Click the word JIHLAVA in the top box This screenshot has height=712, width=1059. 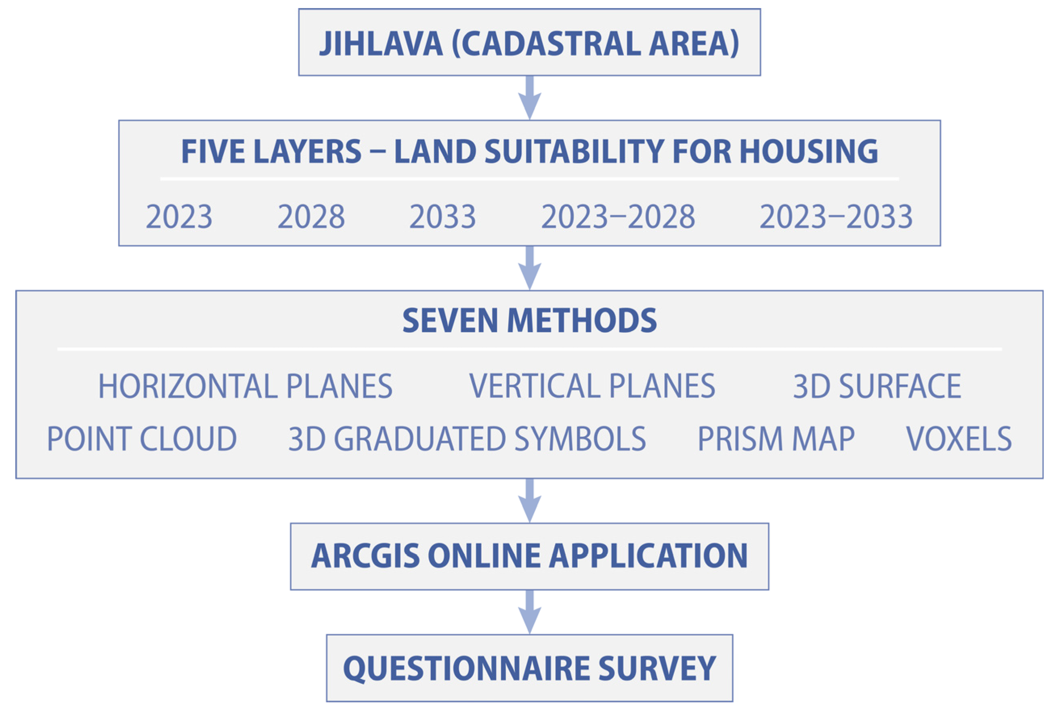[x=381, y=44]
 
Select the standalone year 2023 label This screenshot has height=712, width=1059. [x=179, y=216]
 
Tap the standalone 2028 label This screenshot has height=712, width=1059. [x=311, y=216]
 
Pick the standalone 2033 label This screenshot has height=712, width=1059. [x=442, y=216]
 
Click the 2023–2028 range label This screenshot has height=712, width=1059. [x=618, y=216]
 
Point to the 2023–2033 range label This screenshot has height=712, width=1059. [x=836, y=216]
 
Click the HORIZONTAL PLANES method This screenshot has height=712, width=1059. [x=245, y=386]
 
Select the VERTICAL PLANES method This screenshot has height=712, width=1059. [x=592, y=386]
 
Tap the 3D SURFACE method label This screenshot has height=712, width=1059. [x=877, y=386]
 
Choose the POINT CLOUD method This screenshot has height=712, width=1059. [x=142, y=439]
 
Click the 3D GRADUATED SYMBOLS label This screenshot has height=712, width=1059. [x=467, y=439]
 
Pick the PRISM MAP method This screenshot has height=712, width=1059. [x=776, y=439]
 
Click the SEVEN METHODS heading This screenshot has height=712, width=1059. [x=529, y=321]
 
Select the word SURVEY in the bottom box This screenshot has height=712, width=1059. [x=657, y=668]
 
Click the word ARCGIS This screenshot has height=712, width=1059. [x=365, y=556]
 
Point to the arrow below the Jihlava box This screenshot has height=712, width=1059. [x=529, y=98]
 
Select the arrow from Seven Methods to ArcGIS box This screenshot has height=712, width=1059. [x=529, y=500]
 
